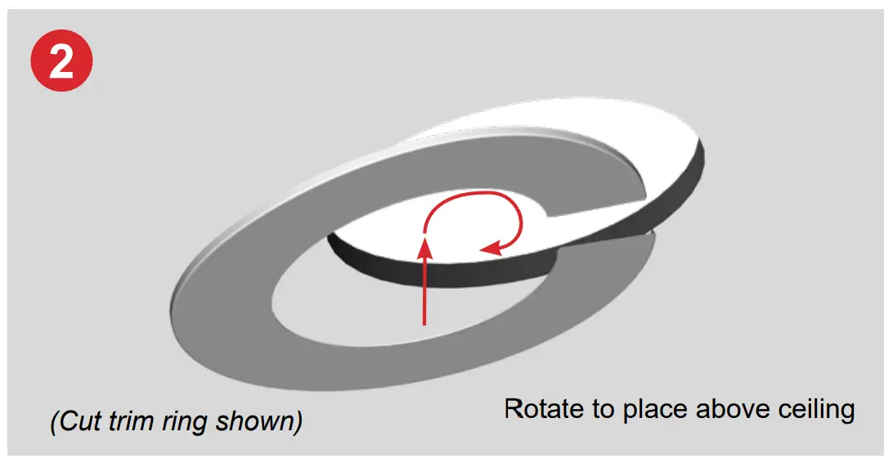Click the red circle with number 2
click(x=61, y=61)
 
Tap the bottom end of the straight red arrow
click(x=424, y=323)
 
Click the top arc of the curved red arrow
click(x=470, y=194)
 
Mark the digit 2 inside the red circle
click(x=61, y=62)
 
